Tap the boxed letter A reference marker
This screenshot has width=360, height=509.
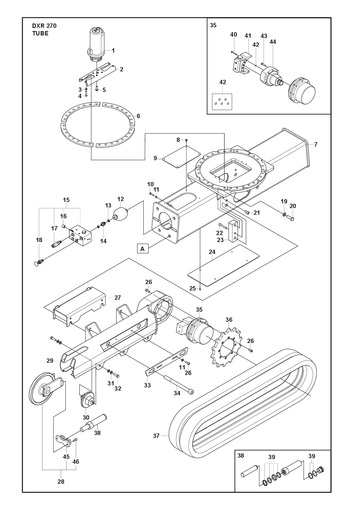(x=142, y=249)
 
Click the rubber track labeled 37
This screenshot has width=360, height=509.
(x=242, y=401)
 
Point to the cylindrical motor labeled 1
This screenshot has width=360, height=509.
(x=97, y=43)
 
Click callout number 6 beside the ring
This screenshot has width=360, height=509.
(x=138, y=116)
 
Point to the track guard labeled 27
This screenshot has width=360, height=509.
(x=80, y=305)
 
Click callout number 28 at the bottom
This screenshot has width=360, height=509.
(x=61, y=481)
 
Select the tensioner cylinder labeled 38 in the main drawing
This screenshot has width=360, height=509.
(x=93, y=423)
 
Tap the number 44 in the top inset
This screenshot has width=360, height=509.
(x=273, y=42)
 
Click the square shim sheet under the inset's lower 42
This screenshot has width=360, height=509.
(x=222, y=101)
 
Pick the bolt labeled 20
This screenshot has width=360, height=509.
(x=290, y=218)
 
